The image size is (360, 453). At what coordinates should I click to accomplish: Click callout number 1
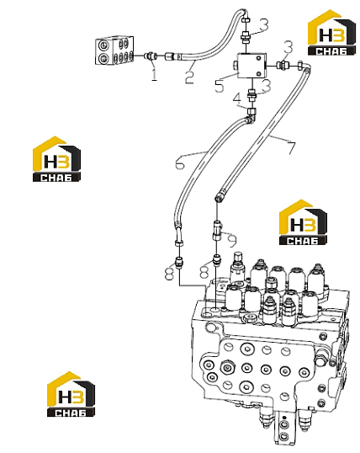pyautogui.click(x=154, y=74)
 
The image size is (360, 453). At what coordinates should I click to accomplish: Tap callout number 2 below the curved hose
pyautogui.click(x=189, y=77)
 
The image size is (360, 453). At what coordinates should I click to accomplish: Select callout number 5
pyautogui.click(x=220, y=86)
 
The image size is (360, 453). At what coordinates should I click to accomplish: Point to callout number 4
pyautogui.click(x=237, y=99)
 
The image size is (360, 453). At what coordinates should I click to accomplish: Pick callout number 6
pyautogui.click(x=179, y=163)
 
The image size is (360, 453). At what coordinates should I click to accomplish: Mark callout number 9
pyautogui.click(x=232, y=241)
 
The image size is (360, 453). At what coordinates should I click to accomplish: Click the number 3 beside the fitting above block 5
pyautogui.click(x=263, y=24)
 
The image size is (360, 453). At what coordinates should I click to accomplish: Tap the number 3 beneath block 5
pyautogui.click(x=267, y=86)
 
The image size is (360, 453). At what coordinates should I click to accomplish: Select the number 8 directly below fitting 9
pyautogui.click(x=204, y=272)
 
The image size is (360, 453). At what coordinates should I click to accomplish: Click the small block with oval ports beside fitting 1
pyautogui.click(x=114, y=51)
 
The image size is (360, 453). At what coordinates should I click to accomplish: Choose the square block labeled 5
pyautogui.click(x=251, y=66)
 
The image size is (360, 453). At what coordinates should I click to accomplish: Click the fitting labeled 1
pyautogui.click(x=151, y=56)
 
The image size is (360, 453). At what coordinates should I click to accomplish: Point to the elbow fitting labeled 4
pyautogui.click(x=251, y=115)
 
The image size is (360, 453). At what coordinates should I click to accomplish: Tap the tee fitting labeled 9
pyautogui.click(x=217, y=230)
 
